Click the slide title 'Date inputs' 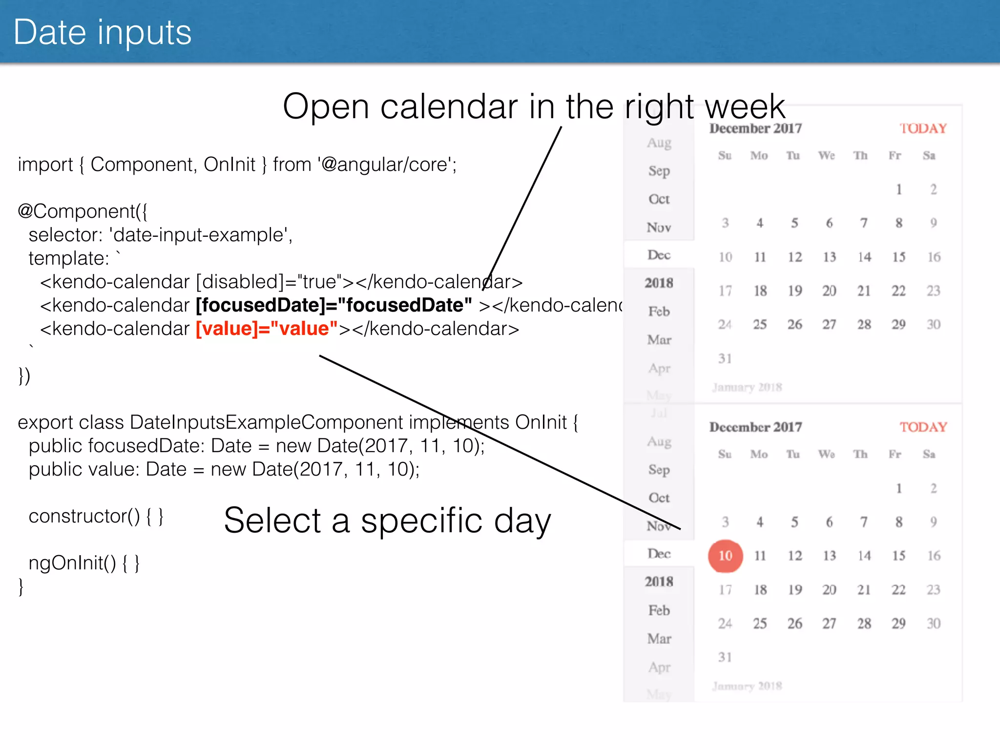point(103,33)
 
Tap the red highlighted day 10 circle point(725,556)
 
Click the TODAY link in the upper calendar point(923,128)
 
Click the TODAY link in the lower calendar point(923,427)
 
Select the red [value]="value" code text point(267,329)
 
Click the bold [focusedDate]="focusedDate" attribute point(334,305)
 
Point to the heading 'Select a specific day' point(387,521)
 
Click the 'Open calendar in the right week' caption point(534,106)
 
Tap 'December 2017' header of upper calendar point(755,128)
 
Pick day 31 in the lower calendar point(725,657)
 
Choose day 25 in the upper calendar point(760,325)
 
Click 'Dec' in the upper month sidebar point(659,255)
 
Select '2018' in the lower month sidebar point(659,582)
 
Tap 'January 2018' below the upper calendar point(747,387)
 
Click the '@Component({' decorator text point(83,211)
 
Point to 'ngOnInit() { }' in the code point(84,563)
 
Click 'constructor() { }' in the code point(96,516)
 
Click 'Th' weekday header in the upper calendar point(860,156)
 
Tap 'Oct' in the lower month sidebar point(659,498)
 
